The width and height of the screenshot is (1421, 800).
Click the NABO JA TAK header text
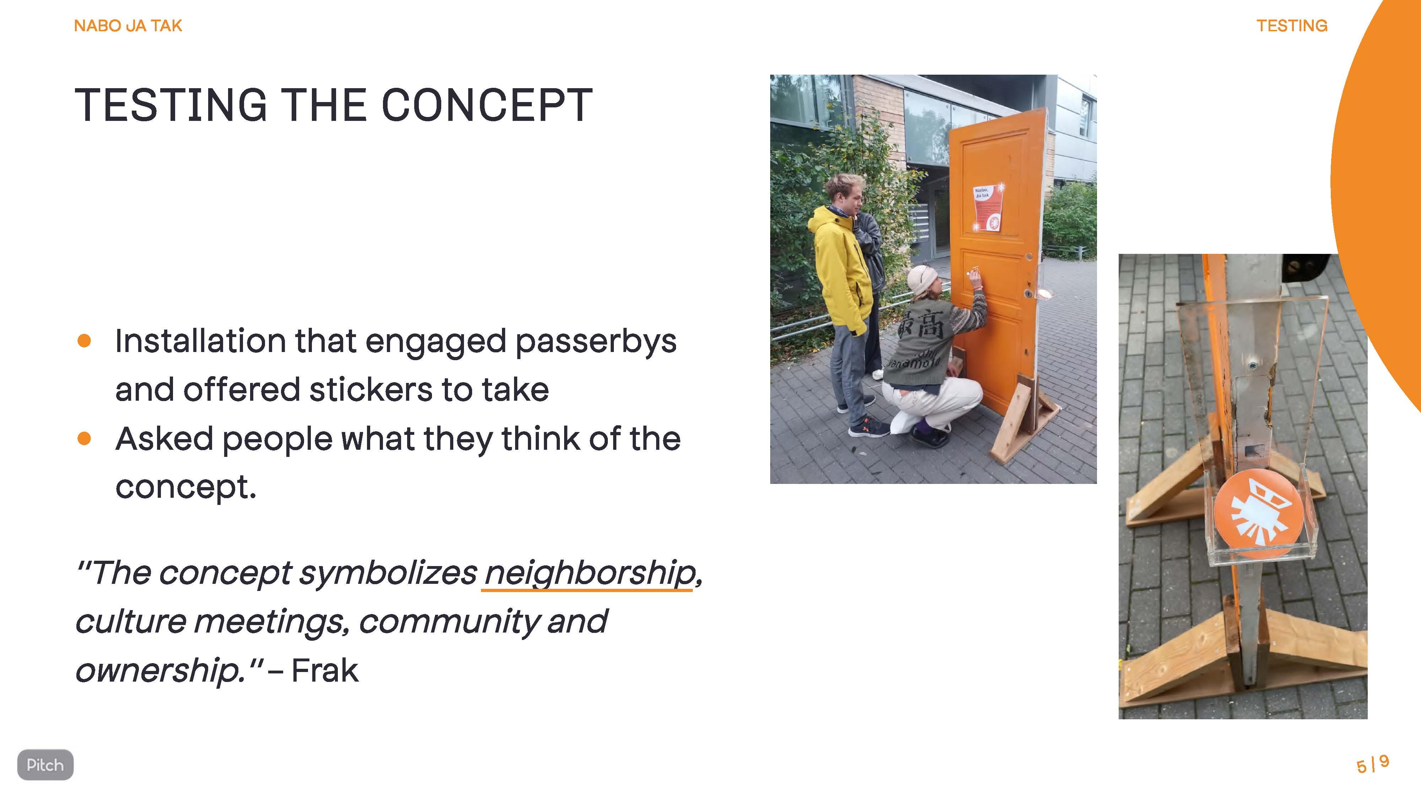tap(128, 26)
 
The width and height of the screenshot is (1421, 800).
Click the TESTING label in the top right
tap(1292, 26)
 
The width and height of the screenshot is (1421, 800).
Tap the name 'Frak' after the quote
tap(325, 671)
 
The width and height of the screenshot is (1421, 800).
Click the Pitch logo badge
tap(45, 765)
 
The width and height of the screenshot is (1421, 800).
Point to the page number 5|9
tap(1372, 765)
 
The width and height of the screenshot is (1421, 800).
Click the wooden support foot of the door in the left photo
tap(1023, 420)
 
